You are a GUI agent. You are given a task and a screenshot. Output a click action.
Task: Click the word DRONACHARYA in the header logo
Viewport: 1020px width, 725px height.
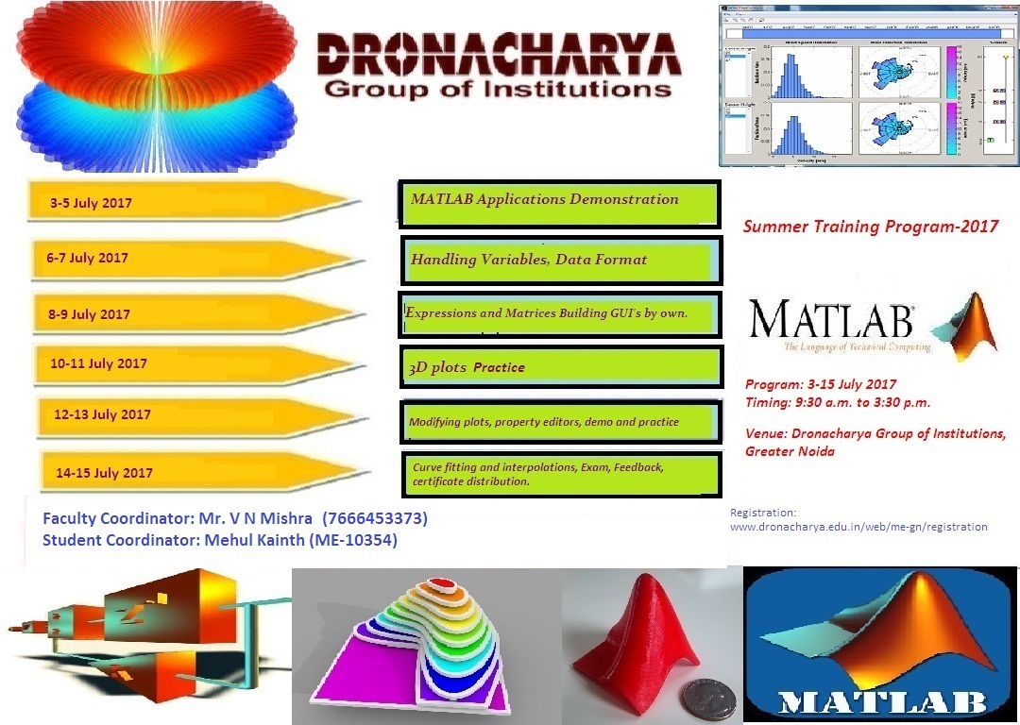[498, 55]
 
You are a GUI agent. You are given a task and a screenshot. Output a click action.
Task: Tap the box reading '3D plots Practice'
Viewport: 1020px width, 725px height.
[561, 367]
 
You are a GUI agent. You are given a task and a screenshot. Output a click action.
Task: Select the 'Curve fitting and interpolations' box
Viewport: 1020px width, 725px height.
[561, 473]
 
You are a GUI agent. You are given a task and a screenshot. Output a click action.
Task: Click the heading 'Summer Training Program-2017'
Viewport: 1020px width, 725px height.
[870, 227]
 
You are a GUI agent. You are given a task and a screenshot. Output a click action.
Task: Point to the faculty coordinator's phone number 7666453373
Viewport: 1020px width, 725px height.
[375, 519]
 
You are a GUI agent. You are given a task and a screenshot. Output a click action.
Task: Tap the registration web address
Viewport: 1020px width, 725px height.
[858, 527]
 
